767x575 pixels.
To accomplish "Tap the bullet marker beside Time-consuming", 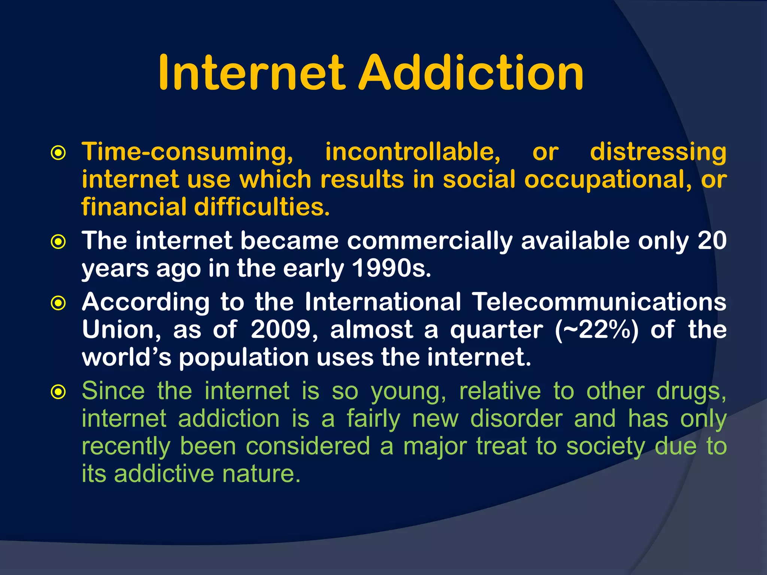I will pyautogui.click(x=58, y=153).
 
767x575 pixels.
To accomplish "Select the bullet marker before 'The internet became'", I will pyautogui.click(x=58, y=241).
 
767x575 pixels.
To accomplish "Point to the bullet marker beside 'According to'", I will pyautogui.click(x=58, y=303).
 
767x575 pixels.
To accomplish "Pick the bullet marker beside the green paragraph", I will pyautogui.click(x=58, y=392).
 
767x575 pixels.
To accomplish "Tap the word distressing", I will pyautogui.click(x=658, y=153).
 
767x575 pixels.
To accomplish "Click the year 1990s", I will pyautogui.click(x=392, y=268).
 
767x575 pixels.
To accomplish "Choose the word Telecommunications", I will pyautogui.click(x=599, y=302).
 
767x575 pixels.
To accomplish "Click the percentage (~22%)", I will pyautogui.click(x=597, y=330).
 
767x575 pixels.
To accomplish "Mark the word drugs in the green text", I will pyautogui.click(x=691, y=392).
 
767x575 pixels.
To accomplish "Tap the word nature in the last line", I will pyautogui.click(x=261, y=474).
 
